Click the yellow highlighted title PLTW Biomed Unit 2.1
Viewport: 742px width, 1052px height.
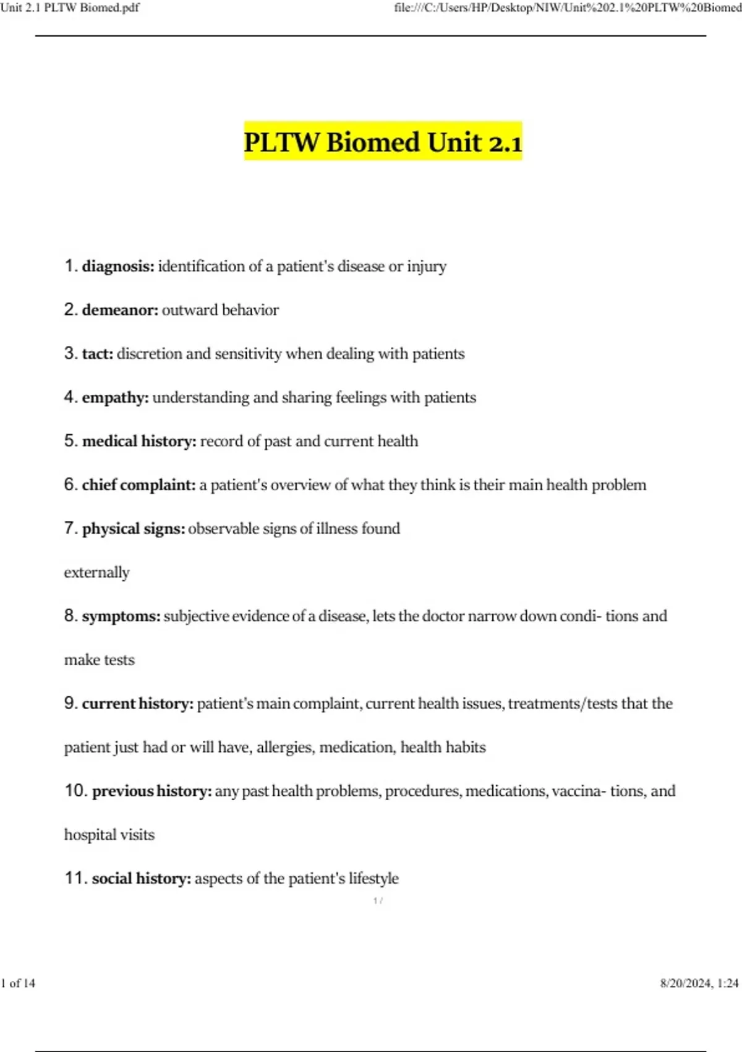(383, 142)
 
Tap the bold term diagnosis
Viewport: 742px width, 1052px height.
(118, 267)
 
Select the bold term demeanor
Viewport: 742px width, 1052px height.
(120, 310)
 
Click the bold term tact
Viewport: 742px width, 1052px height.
(98, 354)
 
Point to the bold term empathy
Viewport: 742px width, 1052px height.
(115, 398)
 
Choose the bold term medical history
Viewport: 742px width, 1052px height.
(139, 441)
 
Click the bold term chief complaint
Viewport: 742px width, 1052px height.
(139, 485)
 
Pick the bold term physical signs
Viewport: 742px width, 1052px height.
(134, 529)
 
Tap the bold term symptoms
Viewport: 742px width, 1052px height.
(121, 616)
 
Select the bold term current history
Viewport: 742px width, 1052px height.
(137, 704)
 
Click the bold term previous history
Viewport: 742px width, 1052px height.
(151, 791)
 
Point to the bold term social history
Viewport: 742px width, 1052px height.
(142, 879)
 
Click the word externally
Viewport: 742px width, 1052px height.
(97, 572)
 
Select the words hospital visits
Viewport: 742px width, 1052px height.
(109, 835)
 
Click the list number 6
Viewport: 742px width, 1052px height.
(70, 485)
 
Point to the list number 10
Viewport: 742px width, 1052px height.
(75, 791)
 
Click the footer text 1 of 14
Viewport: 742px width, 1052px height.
(19, 983)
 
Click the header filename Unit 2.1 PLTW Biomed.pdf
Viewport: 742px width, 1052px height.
(70, 8)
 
